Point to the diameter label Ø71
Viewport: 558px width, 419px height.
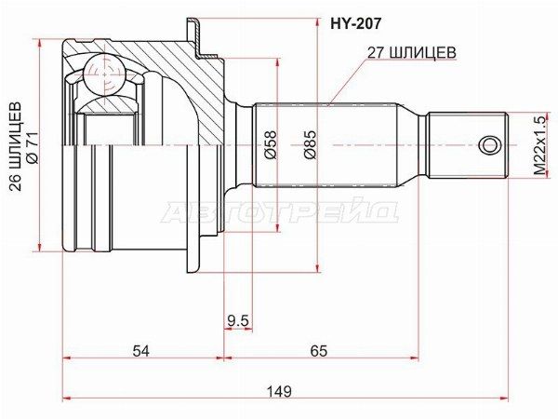click(x=33, y=146)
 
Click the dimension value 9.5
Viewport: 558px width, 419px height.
click(x=238, y=321)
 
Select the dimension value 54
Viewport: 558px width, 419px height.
click(x=141, y=351)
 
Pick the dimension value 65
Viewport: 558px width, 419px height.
click(x=319, y=351)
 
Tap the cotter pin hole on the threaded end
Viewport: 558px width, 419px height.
click(x=489, y=144)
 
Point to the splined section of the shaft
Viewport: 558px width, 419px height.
click(x=325, y=144)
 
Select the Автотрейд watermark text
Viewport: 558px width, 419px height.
click(x=279, y=212)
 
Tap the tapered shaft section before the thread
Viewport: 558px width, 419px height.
click(x=414, y=144)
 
